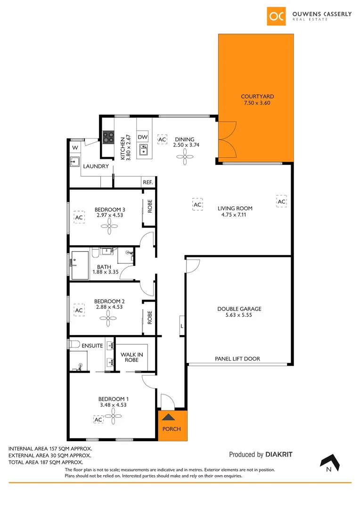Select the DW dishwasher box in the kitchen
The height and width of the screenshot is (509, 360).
click(143, 137)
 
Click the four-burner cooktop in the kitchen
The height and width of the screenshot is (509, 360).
click(109, 137)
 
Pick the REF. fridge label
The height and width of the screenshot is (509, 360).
click(147, 182)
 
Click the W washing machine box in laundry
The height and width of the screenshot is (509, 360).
click(74, 148)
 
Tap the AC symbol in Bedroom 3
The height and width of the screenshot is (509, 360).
click(79, 218)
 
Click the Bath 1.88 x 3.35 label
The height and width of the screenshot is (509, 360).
click(104, 269)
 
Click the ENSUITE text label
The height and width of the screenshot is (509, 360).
click(92, 345)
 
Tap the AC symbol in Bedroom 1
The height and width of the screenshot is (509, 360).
click(98, 419)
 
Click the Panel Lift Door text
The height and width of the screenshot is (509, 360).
click(237, 359)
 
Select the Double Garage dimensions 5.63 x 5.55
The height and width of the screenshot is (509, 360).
click(239, 315)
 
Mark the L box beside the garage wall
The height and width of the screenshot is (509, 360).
click(182, 326)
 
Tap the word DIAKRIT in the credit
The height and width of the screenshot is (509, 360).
click(279, 455)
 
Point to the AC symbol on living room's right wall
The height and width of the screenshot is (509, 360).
click(281, 202)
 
